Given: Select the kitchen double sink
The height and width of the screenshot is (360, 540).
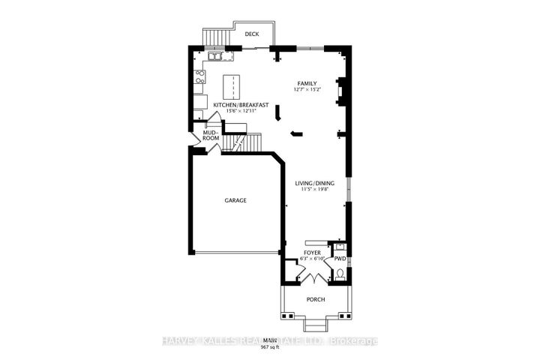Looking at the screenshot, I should pyautogui.click(x=216, y=55).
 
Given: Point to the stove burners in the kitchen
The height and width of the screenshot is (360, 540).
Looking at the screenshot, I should pyautogui.click(x=200, y=75).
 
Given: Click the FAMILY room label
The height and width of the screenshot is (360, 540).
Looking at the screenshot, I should pyautogui.click(x=307, y=83).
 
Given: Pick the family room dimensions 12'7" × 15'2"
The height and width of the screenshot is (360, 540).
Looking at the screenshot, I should pyautogui.click(x=307, y=90).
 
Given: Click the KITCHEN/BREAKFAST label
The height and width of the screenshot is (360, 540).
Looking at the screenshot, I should pyautogui.click(x=237, y=105).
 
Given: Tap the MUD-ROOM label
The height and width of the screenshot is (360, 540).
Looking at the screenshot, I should pyautogui.click(x=211, y=136).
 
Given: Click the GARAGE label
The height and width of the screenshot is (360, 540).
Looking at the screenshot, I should pyautogui.click(x=235, y=200).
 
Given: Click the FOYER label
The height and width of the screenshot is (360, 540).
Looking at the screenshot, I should pyautogui.click(x=312, y=253).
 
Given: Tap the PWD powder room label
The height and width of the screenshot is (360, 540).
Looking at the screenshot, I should pyautogui.click(x=339, y=259).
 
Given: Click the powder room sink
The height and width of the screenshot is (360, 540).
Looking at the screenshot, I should pyautogui.click(x=339, y=246).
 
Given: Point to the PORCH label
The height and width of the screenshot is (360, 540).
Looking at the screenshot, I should pyautogui.click(x=315, y=301).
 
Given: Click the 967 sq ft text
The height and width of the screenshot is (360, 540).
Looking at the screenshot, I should pyautogui.click(x=269, y=348).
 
